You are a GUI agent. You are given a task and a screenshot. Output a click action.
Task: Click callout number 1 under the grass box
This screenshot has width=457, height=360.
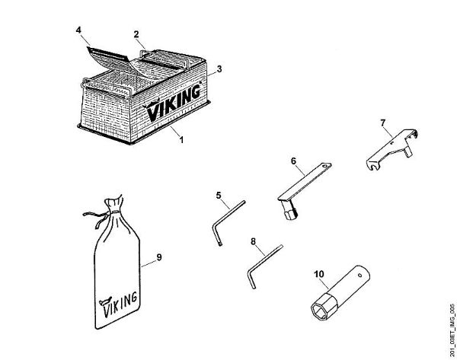[x=181, y=139]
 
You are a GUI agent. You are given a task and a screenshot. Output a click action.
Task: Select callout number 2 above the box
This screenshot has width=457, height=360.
[x=136, y=34]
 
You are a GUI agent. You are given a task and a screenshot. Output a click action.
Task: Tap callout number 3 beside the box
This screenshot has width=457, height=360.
[x=219, y=68]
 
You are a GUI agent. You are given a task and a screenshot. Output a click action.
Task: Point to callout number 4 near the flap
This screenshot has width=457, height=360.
[x=78, y=30]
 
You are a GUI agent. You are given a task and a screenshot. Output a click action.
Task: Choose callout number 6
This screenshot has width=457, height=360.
[x=292, y=161]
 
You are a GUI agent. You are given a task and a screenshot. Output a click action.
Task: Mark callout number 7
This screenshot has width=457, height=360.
[x=384, y=122]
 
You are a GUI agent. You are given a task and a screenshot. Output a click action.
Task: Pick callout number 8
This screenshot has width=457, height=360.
[x=253, y=242]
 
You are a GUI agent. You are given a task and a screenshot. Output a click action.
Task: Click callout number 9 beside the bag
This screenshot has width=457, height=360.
[x=159, y=258]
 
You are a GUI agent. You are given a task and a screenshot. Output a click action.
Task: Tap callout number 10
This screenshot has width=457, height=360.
[x=318, y=270]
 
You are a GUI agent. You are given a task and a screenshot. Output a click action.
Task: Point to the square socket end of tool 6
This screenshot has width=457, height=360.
[x=288, y=215]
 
